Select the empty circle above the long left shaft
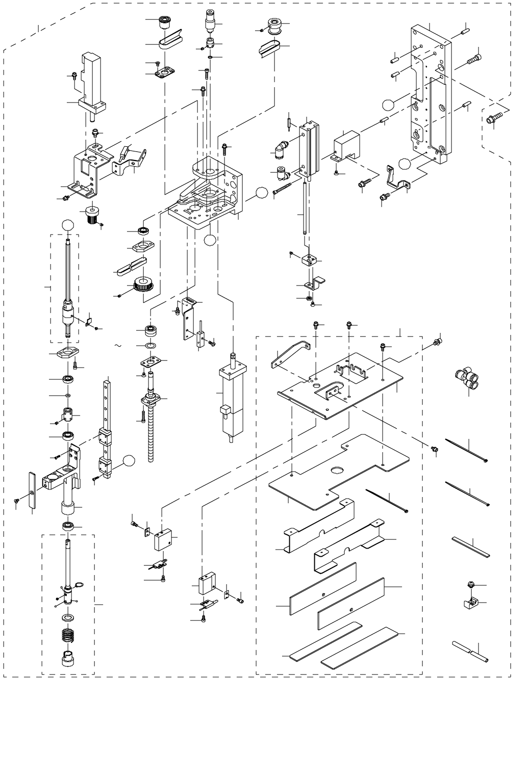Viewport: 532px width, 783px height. coord(68,225)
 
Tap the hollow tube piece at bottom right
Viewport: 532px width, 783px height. coord(469,652)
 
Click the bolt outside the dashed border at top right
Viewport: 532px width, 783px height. coord(494,120)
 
